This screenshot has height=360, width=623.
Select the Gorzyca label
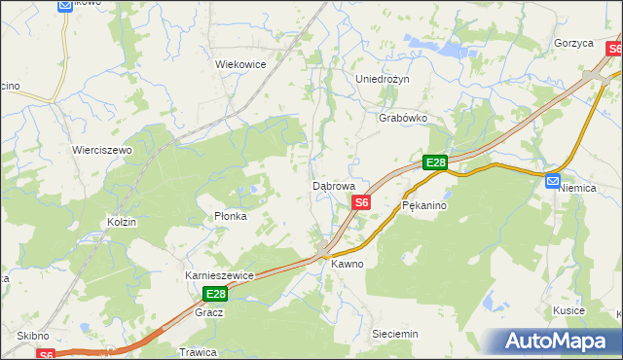(x=573, y=44)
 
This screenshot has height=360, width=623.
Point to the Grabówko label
(x=403, y=119)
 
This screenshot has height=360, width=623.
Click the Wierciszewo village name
(x=101, y=151)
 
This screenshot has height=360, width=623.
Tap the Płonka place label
(x=230, y=216)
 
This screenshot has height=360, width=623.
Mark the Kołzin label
(x=122, y=223)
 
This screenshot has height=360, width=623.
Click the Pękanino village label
(x=423, y=206)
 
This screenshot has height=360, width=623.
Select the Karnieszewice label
(x=219, y=275)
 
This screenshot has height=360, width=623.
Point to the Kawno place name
(x=347, y=264)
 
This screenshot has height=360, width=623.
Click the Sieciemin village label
(x=395, y=334)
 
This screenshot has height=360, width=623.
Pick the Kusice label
(x=568, y=310)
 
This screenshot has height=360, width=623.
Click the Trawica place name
(x=197, y=351)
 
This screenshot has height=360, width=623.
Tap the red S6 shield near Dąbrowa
(x=361, y=202)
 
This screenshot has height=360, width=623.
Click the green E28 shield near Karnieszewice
(x=215, y=294)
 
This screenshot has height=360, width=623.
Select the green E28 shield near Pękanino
(x=435, y=163)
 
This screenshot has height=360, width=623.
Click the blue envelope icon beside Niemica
(x=553, y=180)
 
